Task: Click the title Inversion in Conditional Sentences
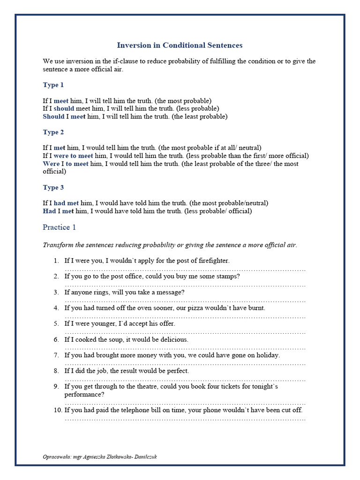pos(180,45)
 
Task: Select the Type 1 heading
pos(53,85)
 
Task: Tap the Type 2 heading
pos(53,133)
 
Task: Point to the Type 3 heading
pos(53,188)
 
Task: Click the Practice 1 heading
pos(59,227)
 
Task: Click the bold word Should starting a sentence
pos(53,117)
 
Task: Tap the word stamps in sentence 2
pos(228,277)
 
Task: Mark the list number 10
pos(57,410)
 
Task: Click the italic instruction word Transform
pos(58,245)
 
